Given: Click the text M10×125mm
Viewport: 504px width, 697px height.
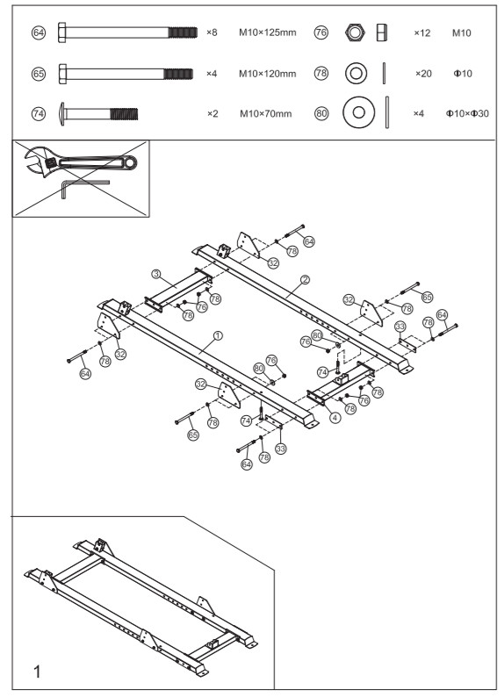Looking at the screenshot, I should [268, 32].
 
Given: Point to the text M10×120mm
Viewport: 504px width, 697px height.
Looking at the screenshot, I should [268, 73].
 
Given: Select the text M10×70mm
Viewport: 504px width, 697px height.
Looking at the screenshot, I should [265, 113].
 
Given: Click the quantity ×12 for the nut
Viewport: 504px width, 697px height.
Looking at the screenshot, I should [421, 32].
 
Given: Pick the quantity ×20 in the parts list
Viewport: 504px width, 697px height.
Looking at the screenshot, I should [421, 73].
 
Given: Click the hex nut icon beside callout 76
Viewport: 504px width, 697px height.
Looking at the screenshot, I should [355, 32].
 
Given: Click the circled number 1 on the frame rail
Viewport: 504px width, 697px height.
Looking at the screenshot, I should [218, 335].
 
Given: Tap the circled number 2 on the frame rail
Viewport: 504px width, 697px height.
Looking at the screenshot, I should [306, 281].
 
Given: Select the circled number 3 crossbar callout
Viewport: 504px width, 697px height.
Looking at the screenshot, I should [155, 274].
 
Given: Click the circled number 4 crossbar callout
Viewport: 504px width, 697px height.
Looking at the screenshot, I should [335, 417].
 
